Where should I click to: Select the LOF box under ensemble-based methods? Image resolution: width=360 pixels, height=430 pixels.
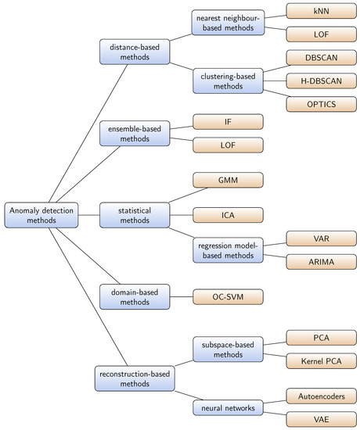[227, 144]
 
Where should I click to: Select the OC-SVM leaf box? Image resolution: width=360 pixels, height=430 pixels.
[227, 296]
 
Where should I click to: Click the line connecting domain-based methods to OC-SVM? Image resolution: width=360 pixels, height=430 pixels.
[179, 296]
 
